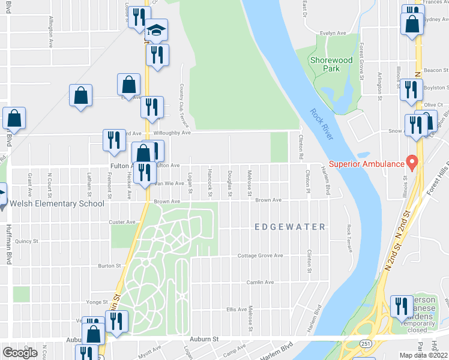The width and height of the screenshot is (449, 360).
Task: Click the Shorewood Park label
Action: click(331, 64)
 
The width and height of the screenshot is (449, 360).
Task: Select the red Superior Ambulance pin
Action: click(412, 162)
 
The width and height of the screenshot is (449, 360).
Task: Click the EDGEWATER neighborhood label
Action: click(290, 227)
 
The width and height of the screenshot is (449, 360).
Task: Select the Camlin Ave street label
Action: click(260, 282)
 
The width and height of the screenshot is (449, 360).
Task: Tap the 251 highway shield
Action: click(365, 343)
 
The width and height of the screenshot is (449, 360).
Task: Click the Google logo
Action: click(20, 353)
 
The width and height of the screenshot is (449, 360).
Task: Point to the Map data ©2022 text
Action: click(424, 355)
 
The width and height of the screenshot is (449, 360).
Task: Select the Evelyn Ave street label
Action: click(333, 34)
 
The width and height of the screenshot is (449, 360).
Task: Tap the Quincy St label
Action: click(26, 241)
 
